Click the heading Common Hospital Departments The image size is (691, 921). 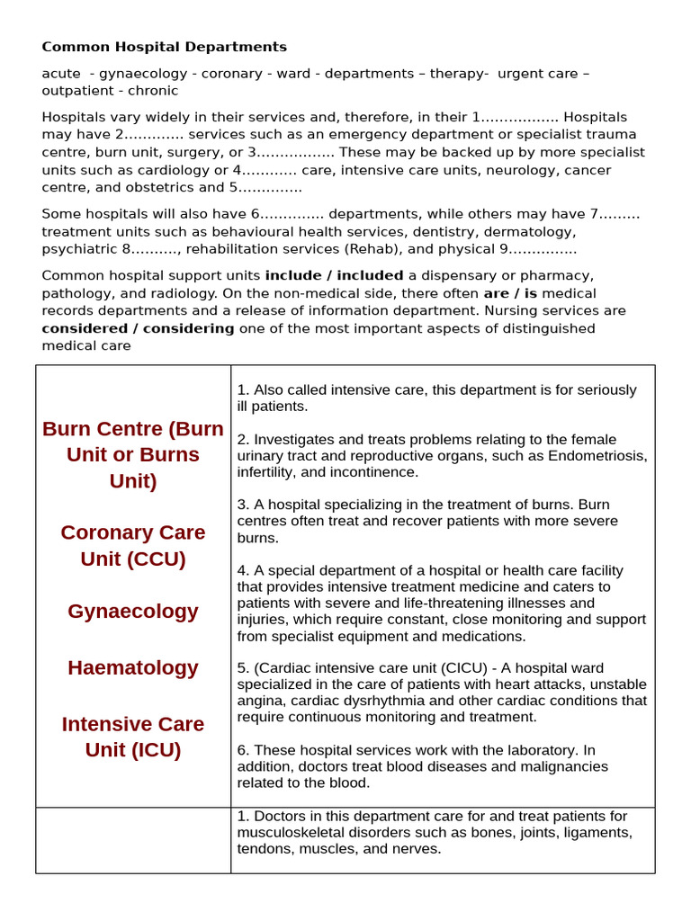coord(165,47)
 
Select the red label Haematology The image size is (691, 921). coord(133,667)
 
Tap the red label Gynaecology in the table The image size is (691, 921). coord(133,612)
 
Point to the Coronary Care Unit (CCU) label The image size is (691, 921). coord(133,545)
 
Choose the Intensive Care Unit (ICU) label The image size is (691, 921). coord(133,737)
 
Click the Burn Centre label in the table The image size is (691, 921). coord(133,454)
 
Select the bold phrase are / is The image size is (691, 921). coord(511,293)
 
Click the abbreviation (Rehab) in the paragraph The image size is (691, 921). coord(370,249)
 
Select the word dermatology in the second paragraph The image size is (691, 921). coord(533,231)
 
